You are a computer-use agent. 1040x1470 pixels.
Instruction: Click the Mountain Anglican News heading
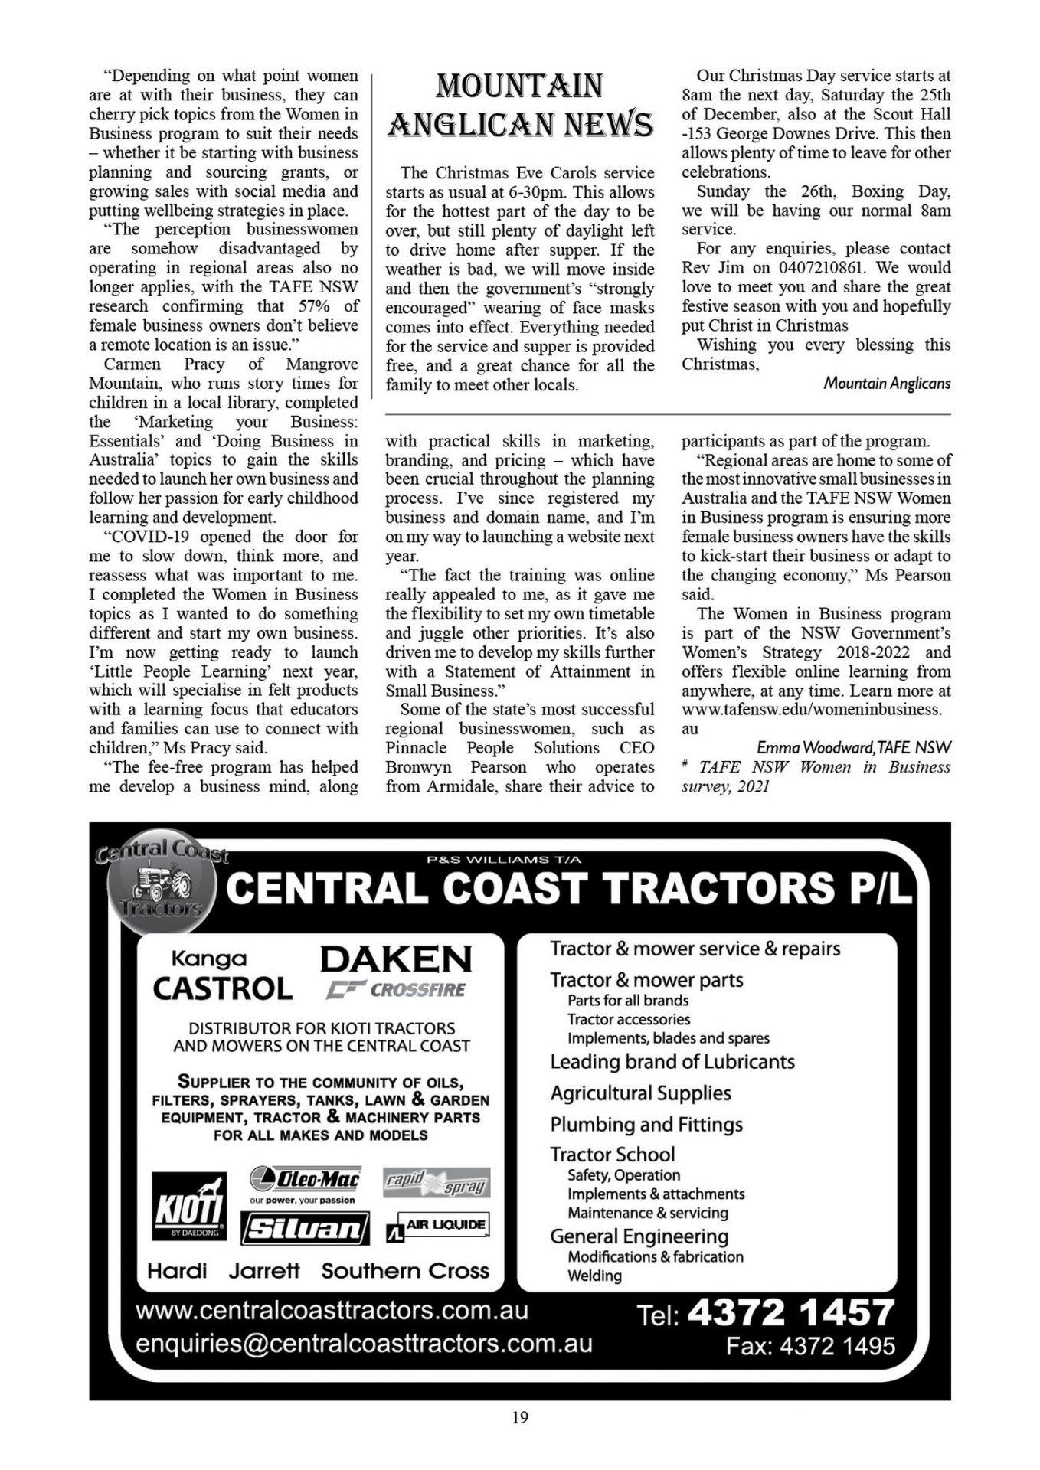coord(520,105)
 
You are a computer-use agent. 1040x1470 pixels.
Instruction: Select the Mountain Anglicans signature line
coord(886,384)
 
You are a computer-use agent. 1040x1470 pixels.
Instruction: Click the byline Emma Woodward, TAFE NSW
coord(853,747)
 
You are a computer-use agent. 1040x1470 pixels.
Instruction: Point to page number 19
coord(520,1417)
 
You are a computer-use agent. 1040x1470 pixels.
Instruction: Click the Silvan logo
coord(305,1229)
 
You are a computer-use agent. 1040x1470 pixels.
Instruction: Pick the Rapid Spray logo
coord(437,1183)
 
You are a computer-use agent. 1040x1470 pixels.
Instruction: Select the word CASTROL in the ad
coord(222,988)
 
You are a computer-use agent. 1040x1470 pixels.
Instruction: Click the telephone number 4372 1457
coord(790,1312)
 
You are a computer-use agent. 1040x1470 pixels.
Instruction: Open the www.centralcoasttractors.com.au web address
coord(332,1310)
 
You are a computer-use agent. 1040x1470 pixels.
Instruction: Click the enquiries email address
coord(364,1344)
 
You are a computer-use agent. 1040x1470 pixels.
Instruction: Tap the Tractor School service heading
coord(612,1155)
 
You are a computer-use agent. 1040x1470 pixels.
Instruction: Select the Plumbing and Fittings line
coord(646,1124)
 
